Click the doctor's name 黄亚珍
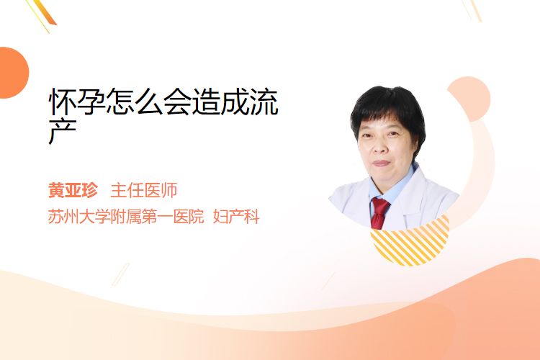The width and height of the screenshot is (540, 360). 73,190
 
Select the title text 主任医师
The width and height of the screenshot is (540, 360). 143,190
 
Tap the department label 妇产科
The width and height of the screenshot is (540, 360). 236,217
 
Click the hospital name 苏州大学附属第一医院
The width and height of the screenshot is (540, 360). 126,217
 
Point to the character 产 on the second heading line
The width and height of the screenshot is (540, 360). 62,132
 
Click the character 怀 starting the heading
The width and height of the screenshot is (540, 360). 62,102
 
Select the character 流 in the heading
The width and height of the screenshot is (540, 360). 264,102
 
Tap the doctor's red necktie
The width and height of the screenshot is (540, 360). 379,213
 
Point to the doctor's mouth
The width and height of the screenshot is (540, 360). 381,163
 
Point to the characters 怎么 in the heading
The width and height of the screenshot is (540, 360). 134,102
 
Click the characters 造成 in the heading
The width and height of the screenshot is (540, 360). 220,102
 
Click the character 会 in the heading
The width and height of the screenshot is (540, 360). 177,102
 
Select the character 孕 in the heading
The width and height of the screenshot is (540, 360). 91,102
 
